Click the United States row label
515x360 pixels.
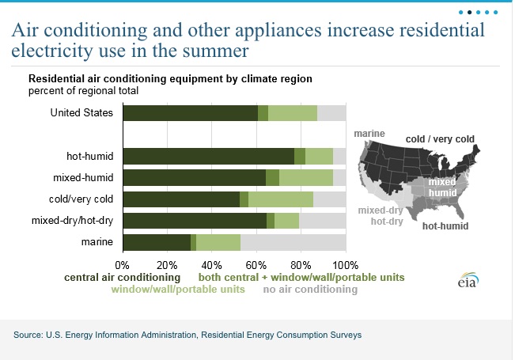(x=81, y=112)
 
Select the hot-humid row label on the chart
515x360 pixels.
(x=89, y=156)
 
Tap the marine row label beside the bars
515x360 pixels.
(x=96, y=241)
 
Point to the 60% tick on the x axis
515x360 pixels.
(x=256, y=263)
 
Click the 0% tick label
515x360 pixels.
(x=123, y=263)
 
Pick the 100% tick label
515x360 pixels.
(x=346, y=263)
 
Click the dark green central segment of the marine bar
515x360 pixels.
(x=157, y=242)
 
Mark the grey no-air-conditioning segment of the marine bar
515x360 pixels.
(x=293, y=242)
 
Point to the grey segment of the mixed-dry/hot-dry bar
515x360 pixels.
(x=322, y=221)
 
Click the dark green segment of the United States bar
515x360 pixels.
(x=190, y=113)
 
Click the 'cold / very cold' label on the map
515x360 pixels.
(x=440, y=139)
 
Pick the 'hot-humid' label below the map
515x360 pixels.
(x=445, y=226)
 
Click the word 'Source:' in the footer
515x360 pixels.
(x=29, y=335)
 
